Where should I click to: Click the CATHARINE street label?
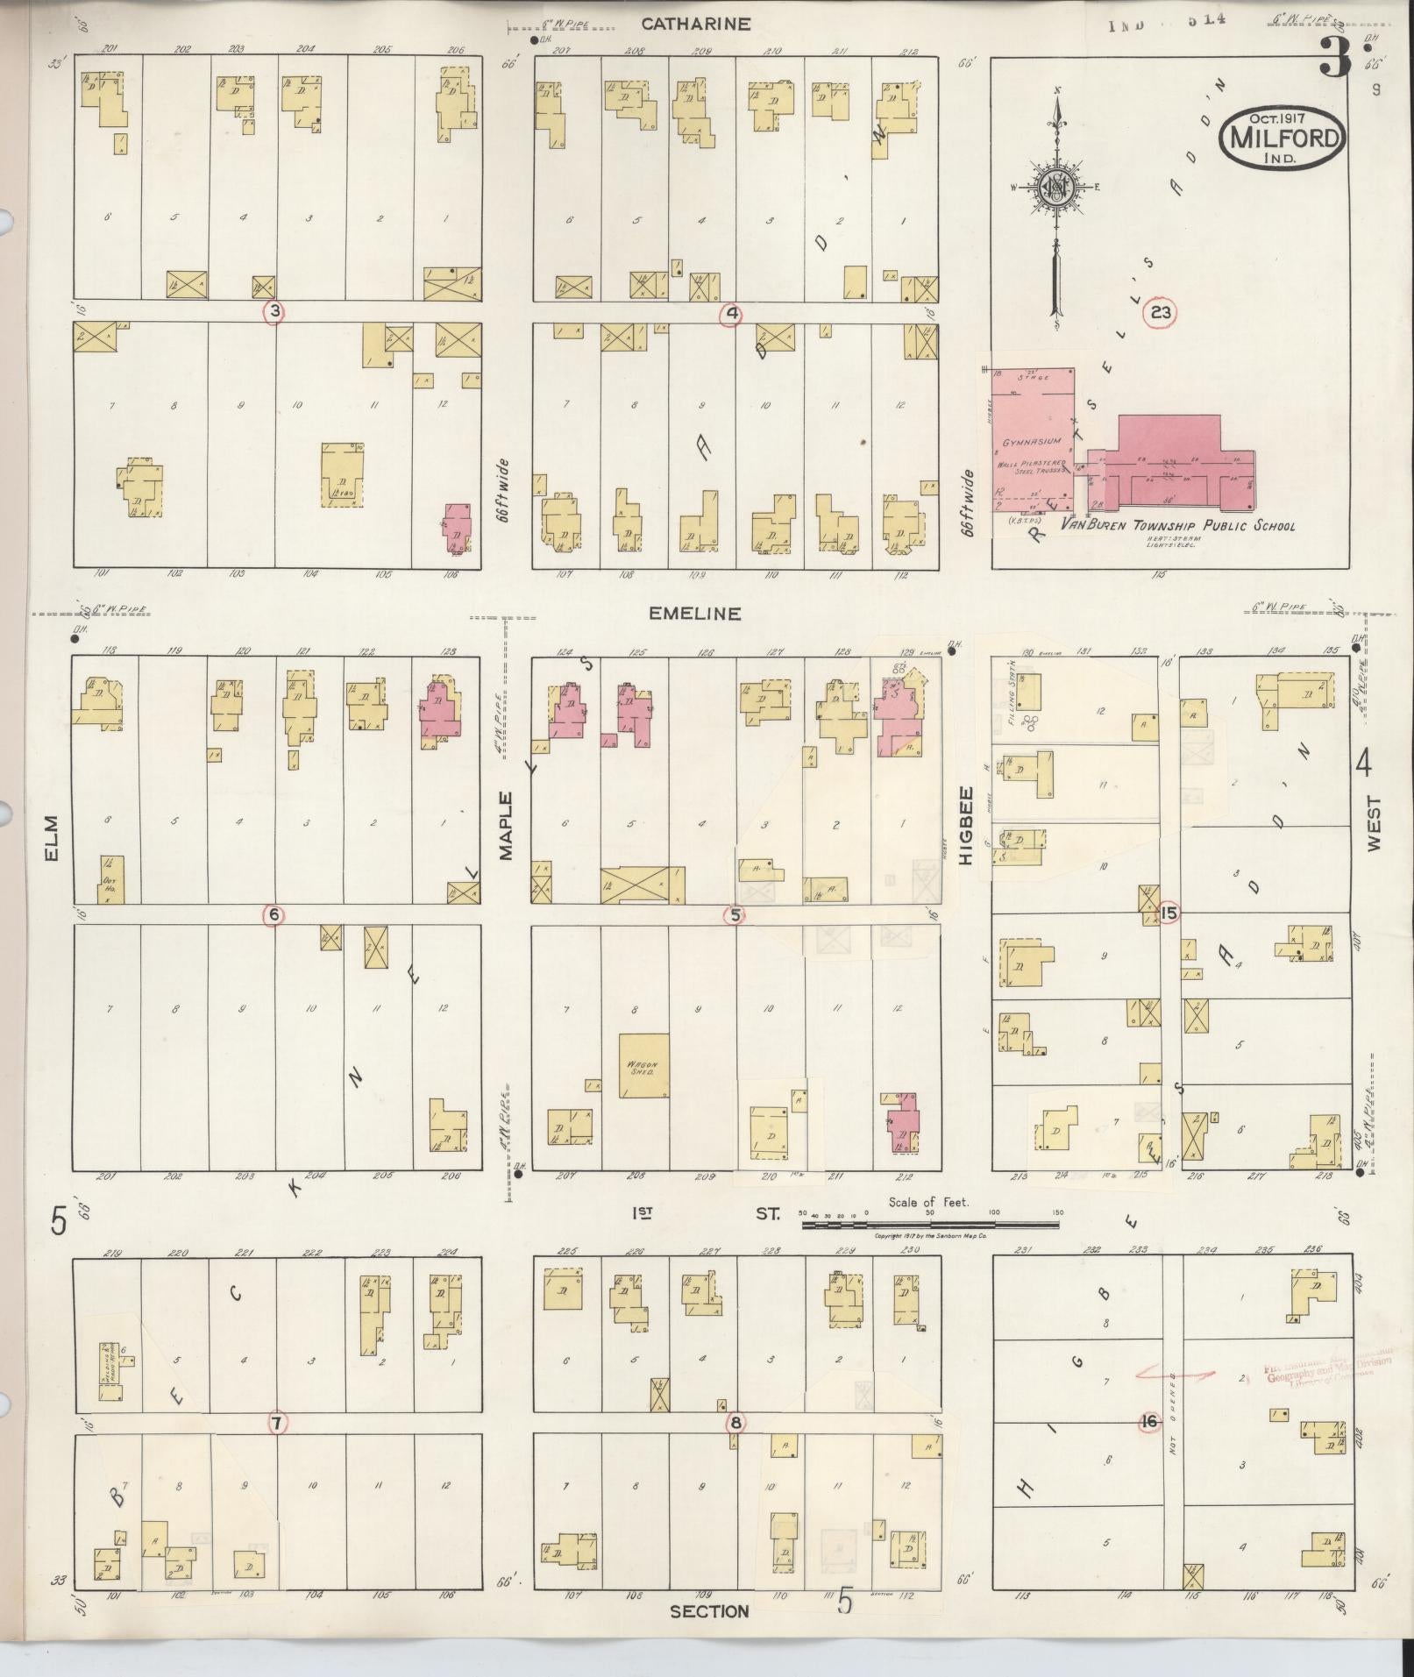click(x=695, y=25)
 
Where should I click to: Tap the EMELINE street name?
click(x=694, y=614)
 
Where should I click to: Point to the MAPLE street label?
click(x=506, y=825)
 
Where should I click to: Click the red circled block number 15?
click(x=1168, y=913)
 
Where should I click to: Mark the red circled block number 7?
click(x=275, y=1424)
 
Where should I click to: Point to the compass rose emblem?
click(x=1058, y=187)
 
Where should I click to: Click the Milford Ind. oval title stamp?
click(x=1282, y=138)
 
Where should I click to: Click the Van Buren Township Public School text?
click(x=1177, y=526)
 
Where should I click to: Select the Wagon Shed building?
click(x=643, y=1066)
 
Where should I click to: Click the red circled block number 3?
click(x=274, y=312)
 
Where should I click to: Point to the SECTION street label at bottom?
click(x=709, y=1611)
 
